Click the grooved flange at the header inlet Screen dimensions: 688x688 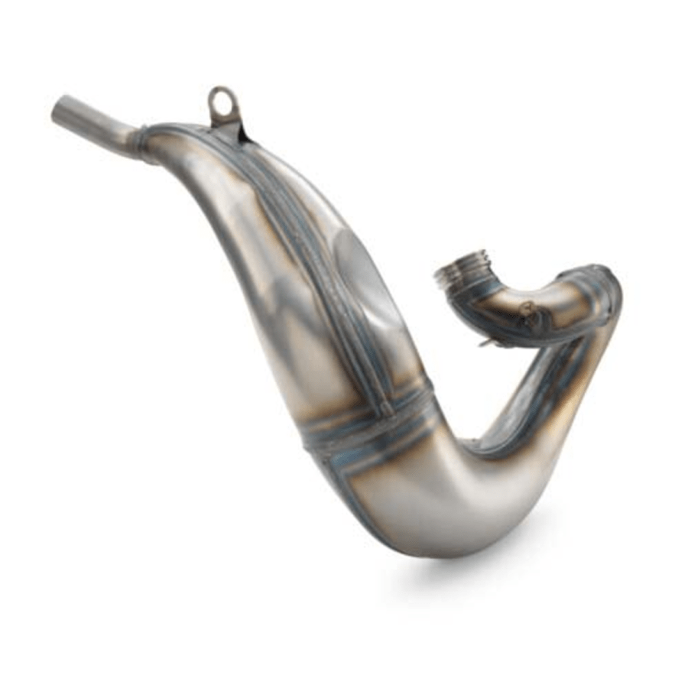point(457,271)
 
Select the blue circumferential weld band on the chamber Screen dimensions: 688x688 point(367,428)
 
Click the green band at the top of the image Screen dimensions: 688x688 point(344,19)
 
